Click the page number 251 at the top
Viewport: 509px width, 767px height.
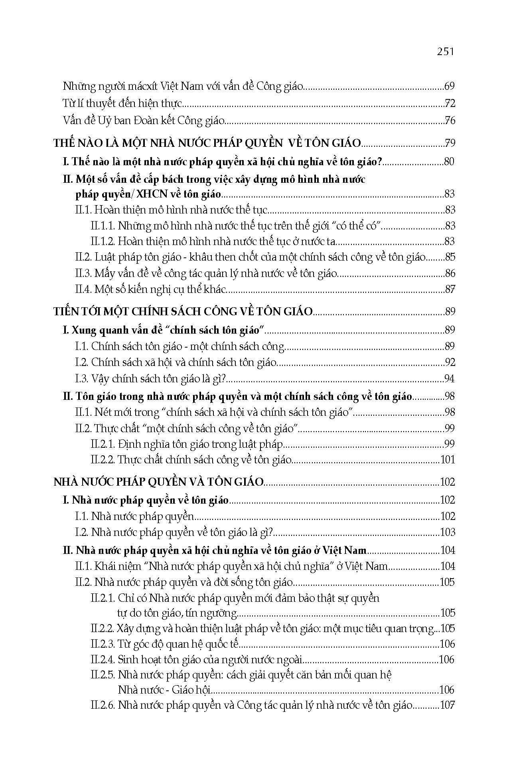446,51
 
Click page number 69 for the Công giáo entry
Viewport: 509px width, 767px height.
449,86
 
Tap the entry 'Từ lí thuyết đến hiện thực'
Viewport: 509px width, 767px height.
122,104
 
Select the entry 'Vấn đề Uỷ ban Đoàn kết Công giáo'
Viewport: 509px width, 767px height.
144,121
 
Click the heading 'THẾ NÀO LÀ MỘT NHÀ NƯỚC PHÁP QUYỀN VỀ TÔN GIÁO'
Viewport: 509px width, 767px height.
207,143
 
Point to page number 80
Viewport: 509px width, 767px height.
449,162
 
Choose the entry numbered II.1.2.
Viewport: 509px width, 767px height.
214,241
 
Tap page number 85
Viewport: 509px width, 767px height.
449,257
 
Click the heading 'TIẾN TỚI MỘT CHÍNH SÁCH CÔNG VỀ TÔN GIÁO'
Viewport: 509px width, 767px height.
183,312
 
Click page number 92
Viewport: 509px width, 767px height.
449,363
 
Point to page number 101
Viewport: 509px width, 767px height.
447,460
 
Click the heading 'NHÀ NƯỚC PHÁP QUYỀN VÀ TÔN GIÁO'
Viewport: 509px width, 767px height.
158,482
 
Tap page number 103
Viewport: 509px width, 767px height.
447,532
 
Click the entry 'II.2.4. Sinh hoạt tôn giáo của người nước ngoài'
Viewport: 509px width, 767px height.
197,660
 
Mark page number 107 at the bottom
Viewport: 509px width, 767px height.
447,706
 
